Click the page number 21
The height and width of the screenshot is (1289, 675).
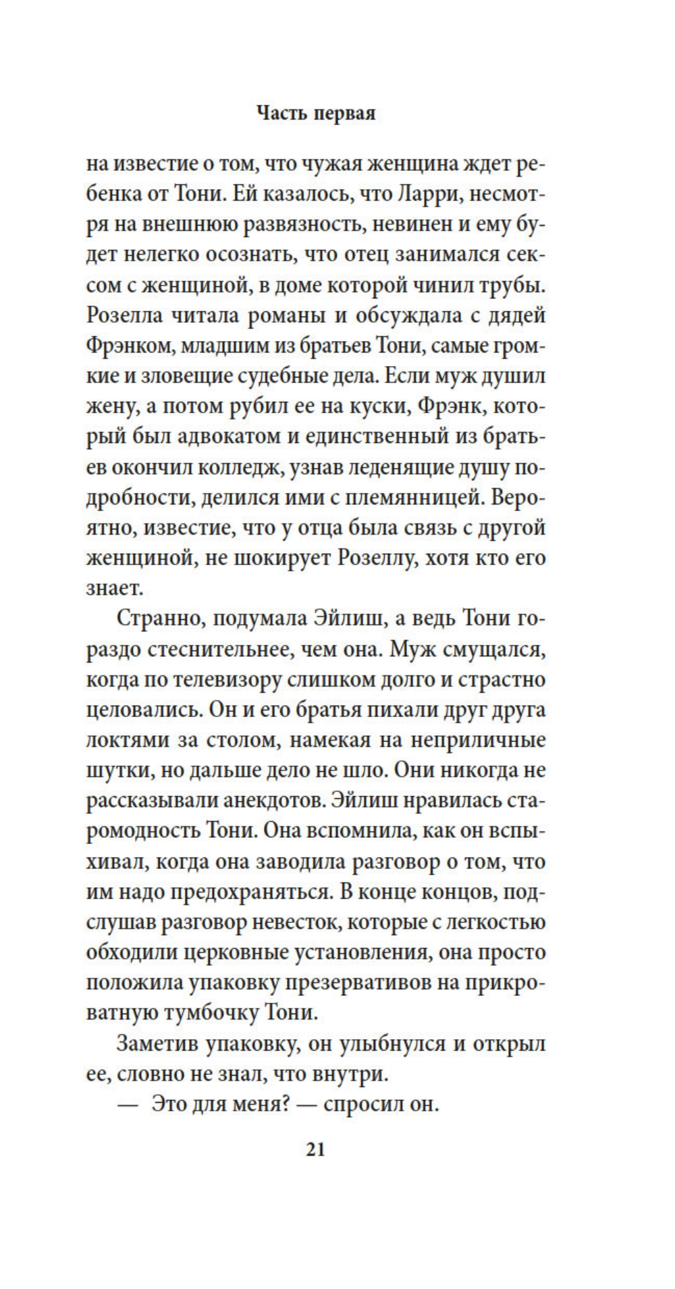tap(316, 1149)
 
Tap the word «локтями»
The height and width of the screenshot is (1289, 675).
tap(122, 739)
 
